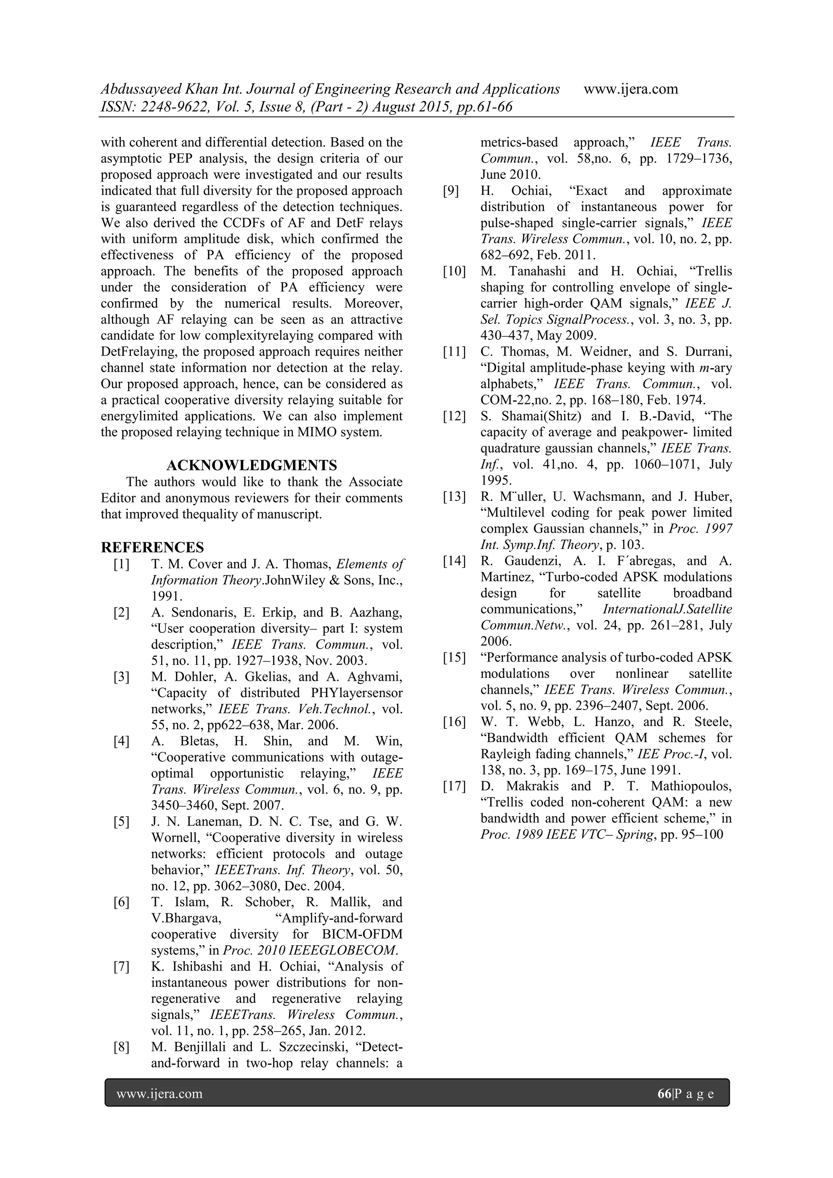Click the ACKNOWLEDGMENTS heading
click(251, 466)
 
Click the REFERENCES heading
click(153, 547)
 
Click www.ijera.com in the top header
click(630, 89)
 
